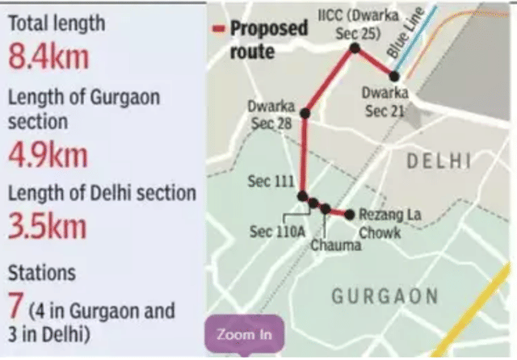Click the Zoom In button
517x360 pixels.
[245, 334]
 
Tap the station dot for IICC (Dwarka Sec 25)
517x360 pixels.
[354, 48]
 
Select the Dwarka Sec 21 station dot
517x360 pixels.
[394, 77]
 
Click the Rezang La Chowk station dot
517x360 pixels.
[349, 214]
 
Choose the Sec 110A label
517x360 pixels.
[277, 232]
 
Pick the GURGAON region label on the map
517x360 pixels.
[385, 295]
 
